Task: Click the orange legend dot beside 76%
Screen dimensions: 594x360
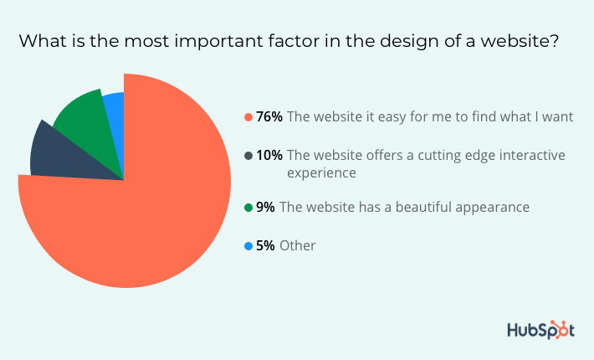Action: (248, 117)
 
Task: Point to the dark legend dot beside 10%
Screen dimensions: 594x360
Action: (248, 156)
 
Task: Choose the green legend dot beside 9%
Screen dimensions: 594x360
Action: (248, 208)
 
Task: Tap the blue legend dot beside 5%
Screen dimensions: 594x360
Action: (248, 246)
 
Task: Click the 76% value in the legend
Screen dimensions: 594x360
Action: (269, 116)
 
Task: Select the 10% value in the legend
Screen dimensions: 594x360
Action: (269, 156)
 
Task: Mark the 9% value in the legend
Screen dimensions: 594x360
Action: (265, 208)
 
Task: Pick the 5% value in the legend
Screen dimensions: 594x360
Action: (265, 246)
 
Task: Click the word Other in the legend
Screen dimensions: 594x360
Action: (297, 246)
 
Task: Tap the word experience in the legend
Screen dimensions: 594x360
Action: (321, 173)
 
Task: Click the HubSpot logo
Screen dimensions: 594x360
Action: (541, 330)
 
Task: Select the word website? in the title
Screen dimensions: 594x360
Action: (520, 41)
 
